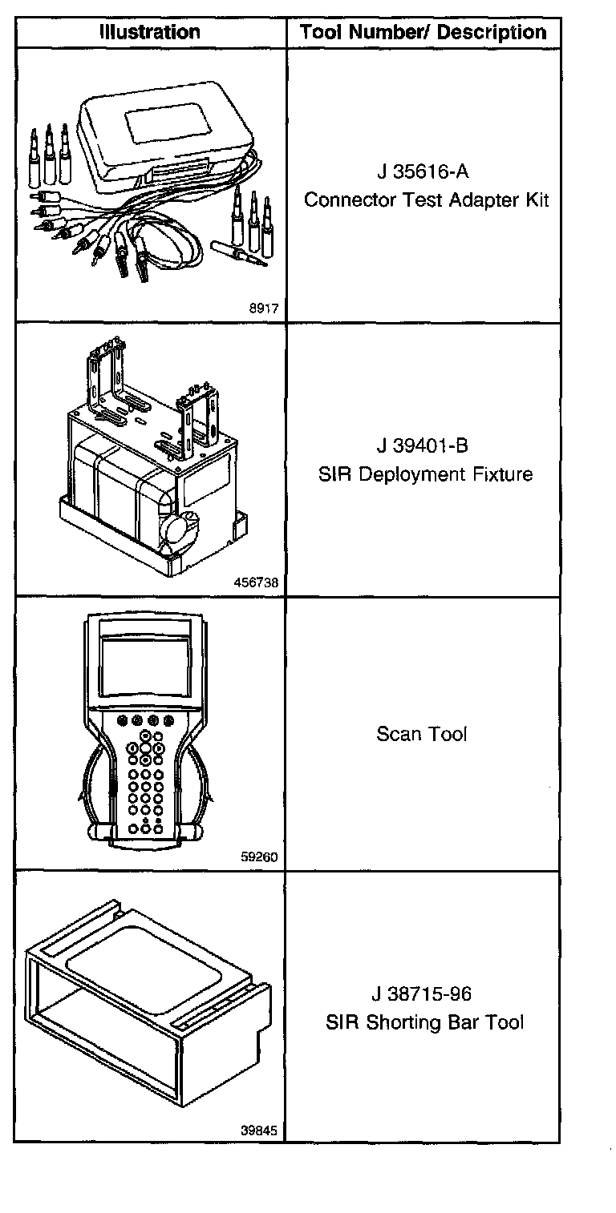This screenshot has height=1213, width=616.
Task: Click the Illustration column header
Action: pyautogui.click(x=149, y=33)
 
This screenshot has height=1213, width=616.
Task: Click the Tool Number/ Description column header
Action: pyautogui.click(x=423, y=33)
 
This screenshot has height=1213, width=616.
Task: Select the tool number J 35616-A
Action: pyautogui.click(x=422, y=172)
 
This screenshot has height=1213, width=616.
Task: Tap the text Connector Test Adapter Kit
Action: pyautogui.click(x=426, y=200)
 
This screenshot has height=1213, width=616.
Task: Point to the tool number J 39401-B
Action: pyautogui.click(x=422, y=445)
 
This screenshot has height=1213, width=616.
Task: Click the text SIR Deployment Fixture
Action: pyautogui.click(x=425, y=474)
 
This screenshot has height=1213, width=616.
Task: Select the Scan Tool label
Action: pyautogui.click(x=422, y=734)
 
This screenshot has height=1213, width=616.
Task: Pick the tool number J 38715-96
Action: pyautogui.click(x=422, y=994)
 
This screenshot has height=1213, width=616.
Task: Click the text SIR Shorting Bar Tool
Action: pyautogui.click(x=425, y=1023)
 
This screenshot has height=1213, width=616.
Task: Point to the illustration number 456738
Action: pyautogui.click(x=257, y=583)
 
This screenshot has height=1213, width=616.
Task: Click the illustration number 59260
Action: pyautogui.click(x=259, y=856)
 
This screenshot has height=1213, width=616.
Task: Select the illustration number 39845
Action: pyautogui.click(x=259, y=1131)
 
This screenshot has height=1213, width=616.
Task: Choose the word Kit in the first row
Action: pyautogui.click(x=536, y=200)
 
